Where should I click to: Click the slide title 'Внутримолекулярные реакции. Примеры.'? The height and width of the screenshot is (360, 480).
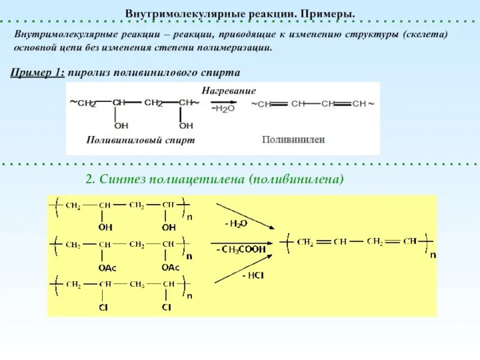pyautogui.click(x=240, y=13)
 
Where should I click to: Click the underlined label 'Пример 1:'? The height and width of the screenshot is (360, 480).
pyautogui.click(x=37, y=73)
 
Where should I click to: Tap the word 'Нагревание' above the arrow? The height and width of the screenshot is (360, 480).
pyautogui.click(x=229, y=91)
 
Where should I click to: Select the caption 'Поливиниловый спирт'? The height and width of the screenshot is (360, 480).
pyautogui.click(x=140, y=139)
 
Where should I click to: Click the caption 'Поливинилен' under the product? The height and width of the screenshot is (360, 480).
pyautogui.click(x=293, y=139)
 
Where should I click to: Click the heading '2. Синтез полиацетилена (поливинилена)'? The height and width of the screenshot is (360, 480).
pyautogui.click(x=214, y=179)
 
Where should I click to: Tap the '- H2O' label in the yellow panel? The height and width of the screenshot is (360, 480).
pyautogui.click(x=236, y=223)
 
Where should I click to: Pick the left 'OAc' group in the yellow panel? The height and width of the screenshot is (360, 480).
pyautogui.click(x=104, y=267)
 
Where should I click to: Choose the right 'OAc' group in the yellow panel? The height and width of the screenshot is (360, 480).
pyautogui.click(x=170, y=267)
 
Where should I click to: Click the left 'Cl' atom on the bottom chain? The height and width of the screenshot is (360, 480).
pyautogui.click(x=104, y=307)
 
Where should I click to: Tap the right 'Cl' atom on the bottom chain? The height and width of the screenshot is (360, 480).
pyautogui.click(x=166, y=307)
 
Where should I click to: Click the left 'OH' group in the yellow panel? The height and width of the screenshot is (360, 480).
pyautogui.click(x=105, y=227)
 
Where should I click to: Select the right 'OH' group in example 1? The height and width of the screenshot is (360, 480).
pyautogui.click(x=186, y=125)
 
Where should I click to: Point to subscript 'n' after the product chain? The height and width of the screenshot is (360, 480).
pyautogui.click(x=433, y=254)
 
